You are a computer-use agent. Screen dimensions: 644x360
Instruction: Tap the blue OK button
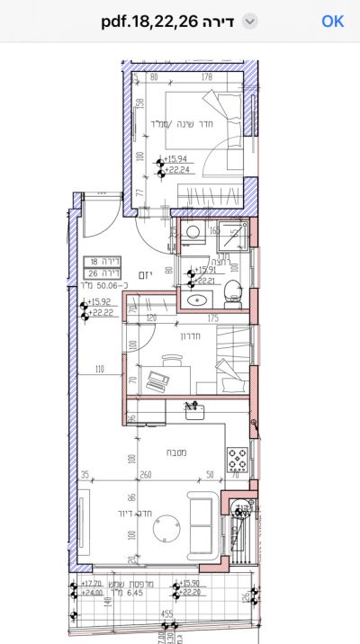(332, 21)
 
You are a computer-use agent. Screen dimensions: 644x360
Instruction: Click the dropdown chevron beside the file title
(250, 22)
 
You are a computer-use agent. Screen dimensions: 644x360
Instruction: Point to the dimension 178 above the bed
(207, 77)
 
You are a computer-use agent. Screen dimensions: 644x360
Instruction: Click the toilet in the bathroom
(232, 290)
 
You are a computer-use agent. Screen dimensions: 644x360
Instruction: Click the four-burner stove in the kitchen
(238, 460)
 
